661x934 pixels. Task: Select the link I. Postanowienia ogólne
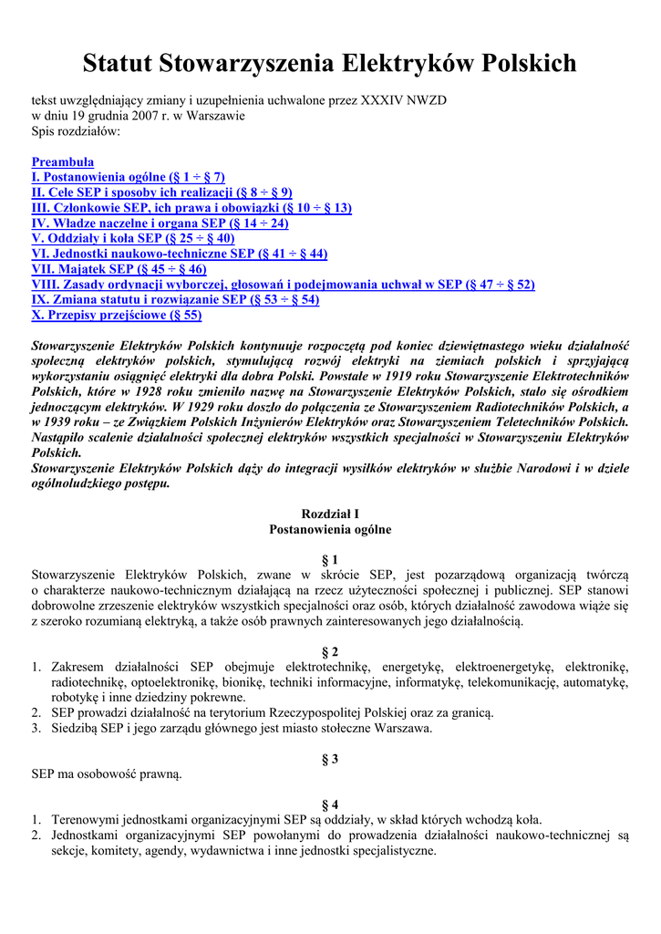[x=128, y=177]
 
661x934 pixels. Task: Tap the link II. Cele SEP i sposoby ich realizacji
[x=161, y=192]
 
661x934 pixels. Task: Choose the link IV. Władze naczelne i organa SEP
[x=160, y=223]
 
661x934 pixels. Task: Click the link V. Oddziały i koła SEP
[x=132, y=238]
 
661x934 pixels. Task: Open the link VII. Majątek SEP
[x=119, y=269]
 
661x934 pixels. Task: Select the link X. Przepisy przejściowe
[x=117, y=315]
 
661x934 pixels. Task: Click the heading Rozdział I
[x=330, y=514]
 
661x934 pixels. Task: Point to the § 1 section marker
[x=330, y=559]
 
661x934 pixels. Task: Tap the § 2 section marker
[x=330, y=651]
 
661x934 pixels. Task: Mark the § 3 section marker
[x=330, y=758]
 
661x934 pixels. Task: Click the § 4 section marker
[x=330, y=804]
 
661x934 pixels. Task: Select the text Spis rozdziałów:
[x=76, y=131]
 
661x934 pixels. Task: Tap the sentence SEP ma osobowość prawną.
[x=107, y=774]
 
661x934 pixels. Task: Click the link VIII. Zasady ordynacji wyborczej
[x=283, y=285]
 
